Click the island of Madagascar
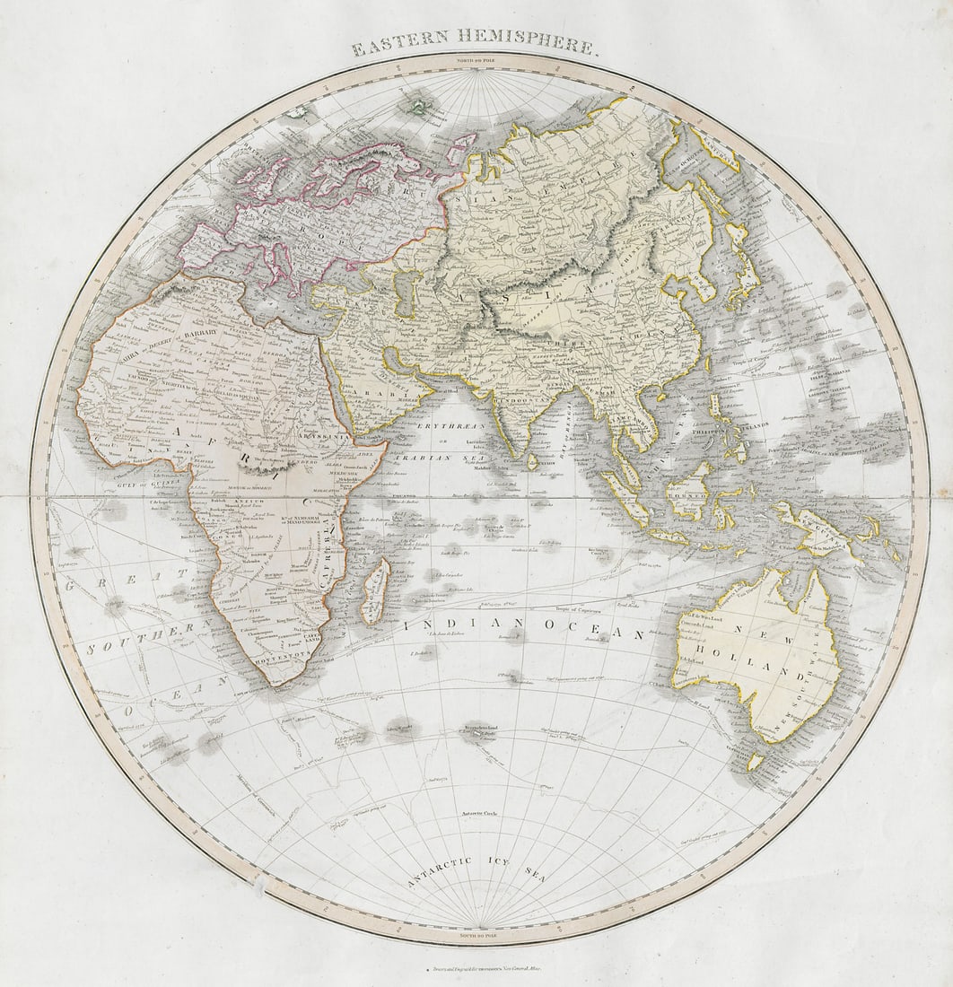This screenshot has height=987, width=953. click(375, 591)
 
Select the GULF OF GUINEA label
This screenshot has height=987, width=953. click(136, 485)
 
